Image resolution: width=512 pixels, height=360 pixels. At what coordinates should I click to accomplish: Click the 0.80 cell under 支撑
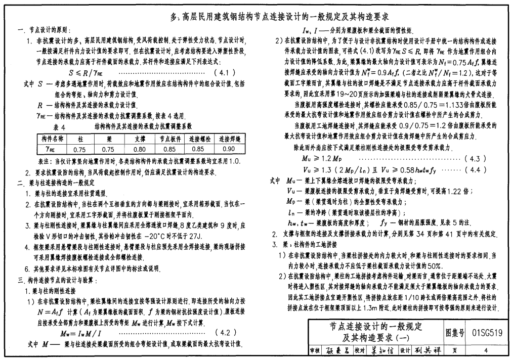(139, 150)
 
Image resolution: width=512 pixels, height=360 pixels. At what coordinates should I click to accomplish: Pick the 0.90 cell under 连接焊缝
(229, 150)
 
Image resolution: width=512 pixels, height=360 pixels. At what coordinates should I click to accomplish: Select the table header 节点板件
(169, 139)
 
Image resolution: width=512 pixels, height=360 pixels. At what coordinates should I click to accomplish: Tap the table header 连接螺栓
(199, 139)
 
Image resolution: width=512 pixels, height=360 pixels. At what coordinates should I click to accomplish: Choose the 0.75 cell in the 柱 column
(79, 150)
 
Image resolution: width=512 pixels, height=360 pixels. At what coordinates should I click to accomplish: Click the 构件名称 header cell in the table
(52, 139)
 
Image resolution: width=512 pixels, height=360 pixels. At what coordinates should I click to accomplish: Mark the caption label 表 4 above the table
(59, 126)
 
